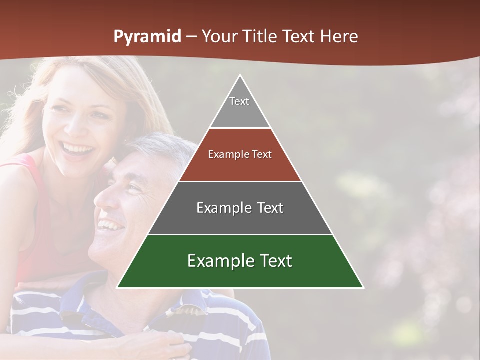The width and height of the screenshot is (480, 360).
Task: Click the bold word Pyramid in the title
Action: [147, 37]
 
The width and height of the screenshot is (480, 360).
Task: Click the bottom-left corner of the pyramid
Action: [118, 287]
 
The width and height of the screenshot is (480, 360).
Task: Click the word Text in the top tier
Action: [239, 101]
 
